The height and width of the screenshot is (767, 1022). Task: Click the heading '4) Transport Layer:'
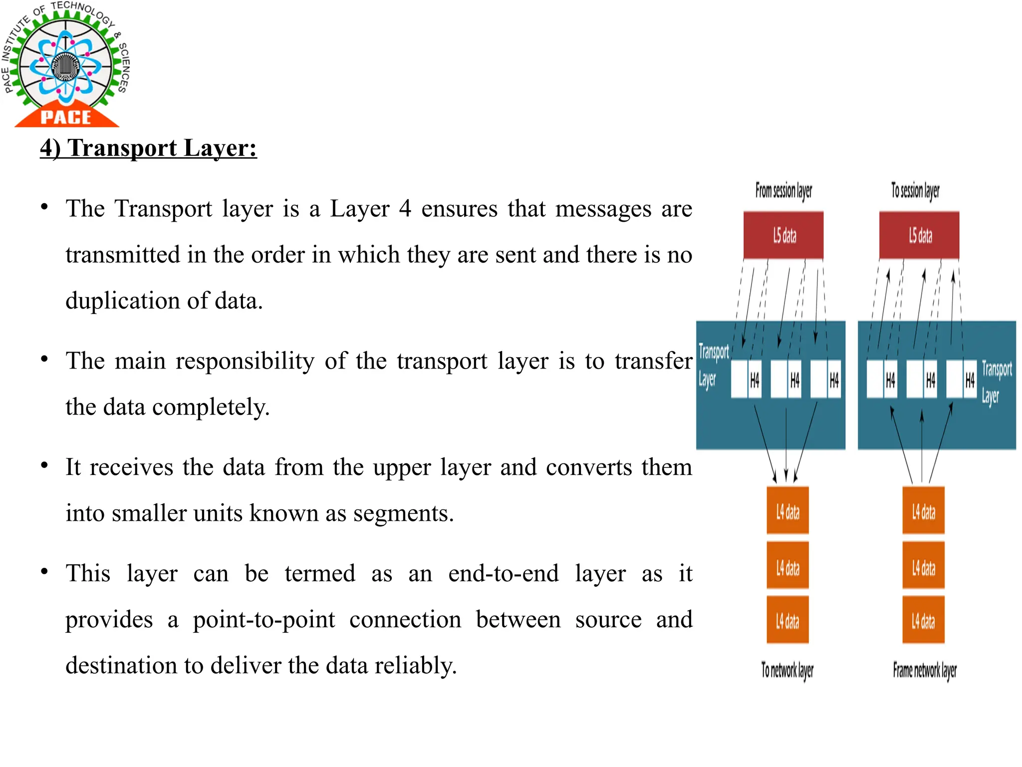148,148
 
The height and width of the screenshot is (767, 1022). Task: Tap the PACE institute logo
65,65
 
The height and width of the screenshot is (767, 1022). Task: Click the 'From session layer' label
783,191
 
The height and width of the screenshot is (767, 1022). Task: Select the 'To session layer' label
915,191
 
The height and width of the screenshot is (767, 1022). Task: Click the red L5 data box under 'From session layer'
783,235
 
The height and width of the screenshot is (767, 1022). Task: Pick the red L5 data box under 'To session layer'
919,235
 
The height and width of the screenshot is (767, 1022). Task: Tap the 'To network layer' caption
787,670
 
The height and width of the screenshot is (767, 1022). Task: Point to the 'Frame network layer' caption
925,670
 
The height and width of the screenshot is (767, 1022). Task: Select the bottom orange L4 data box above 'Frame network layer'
923,621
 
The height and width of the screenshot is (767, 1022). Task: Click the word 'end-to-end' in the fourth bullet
503,573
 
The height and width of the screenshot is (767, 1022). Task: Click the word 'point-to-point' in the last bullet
264,620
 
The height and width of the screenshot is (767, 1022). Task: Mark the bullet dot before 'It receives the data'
44,466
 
